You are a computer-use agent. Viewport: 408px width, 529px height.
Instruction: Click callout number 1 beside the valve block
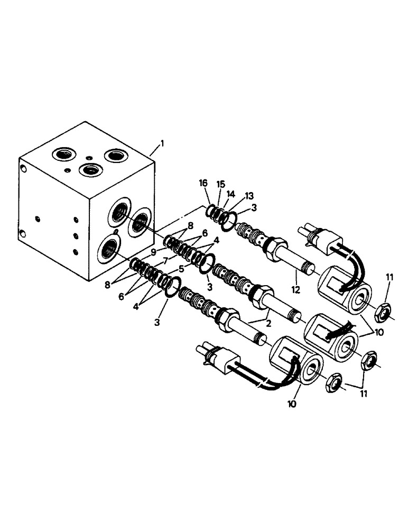[x=163, y=143]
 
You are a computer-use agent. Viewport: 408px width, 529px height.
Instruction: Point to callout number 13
[x=249, y=195]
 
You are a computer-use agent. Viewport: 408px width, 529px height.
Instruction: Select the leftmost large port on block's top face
[x=62, y=154]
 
